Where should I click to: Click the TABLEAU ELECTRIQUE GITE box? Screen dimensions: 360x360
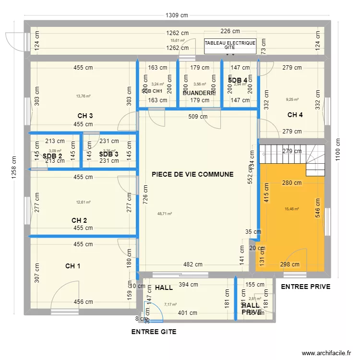[x=230, y=46]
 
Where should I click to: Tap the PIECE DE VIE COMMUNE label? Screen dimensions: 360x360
[x=192, y=175]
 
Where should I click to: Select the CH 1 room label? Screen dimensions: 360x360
[x=73, y=266]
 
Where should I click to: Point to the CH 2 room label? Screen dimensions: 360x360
[x=79, y=220]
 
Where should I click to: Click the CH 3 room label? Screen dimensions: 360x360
[x=85, y=116]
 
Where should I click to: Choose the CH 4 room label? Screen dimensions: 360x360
[x=295, y=115]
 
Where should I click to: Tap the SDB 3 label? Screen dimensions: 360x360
[x=108, y=154]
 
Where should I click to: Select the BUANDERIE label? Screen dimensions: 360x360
[x=198, y=93]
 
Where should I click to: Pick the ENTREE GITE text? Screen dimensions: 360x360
[x=154, y=332]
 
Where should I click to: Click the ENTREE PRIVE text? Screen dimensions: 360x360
[x=305, y=287]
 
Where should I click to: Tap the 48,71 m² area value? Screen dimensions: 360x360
[x=165, y=214]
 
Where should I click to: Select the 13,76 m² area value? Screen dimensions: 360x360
[x=84, y=96]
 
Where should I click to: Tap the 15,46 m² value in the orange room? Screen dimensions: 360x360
[x=292, y=209]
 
